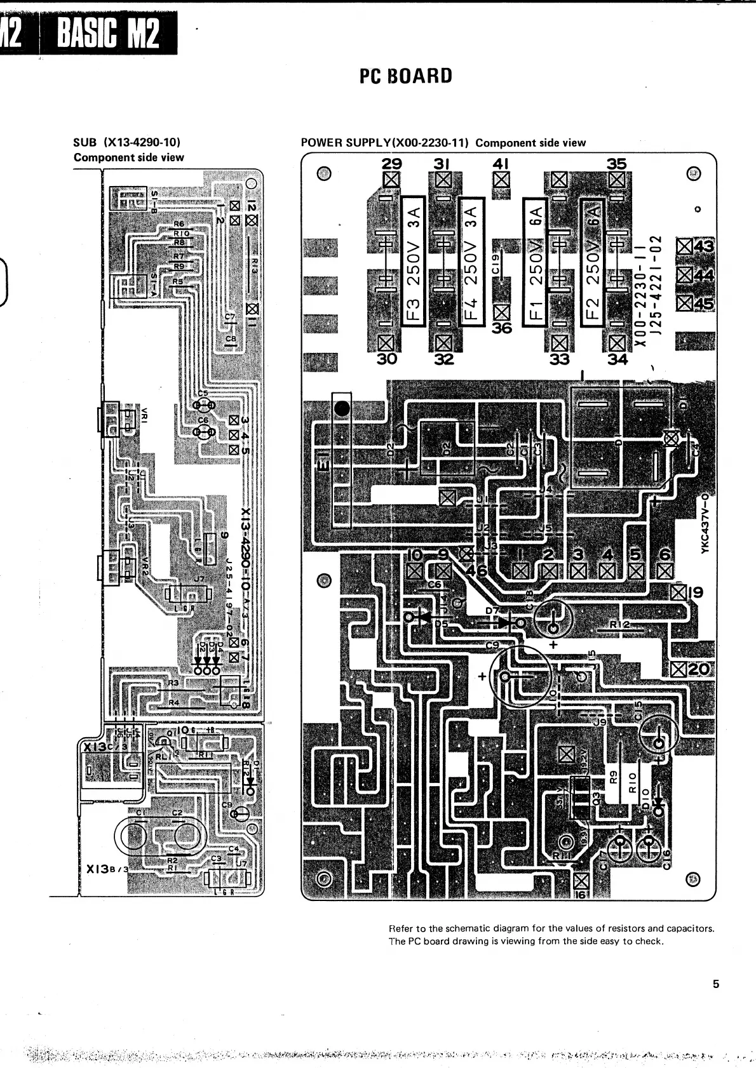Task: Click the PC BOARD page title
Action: pos(406,76)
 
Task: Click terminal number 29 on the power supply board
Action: pos(387,164)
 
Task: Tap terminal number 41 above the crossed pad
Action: pos(501,163)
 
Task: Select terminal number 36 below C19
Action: pos(502,329)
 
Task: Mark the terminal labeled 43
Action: pos(705,246)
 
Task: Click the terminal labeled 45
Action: pos(704,304)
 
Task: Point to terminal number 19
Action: pos(696,593)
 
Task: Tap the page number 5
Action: pos(716,985)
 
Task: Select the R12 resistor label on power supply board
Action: pos(619,625)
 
